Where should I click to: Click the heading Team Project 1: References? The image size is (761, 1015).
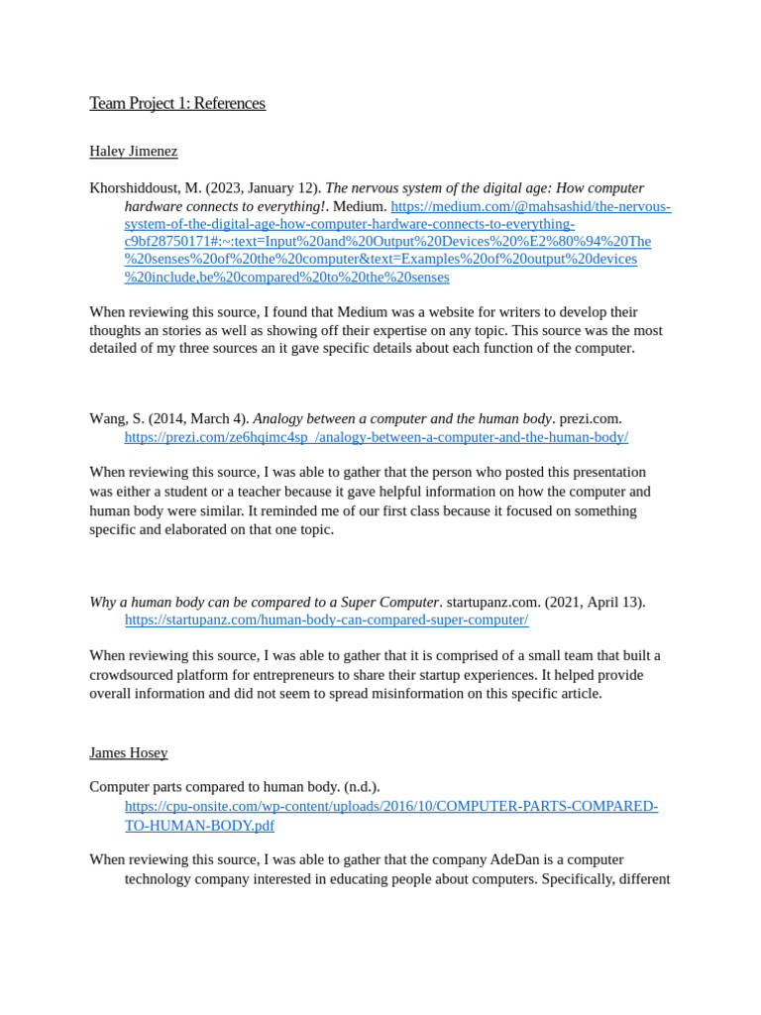[177, 103]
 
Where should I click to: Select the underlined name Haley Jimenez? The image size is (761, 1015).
[133, 152]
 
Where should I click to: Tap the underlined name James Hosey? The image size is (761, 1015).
[128, 753]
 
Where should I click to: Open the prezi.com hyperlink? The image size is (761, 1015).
[376, 437]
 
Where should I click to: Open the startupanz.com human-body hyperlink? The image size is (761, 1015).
[326, 620]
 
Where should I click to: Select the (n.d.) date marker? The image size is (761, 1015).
[362, 787]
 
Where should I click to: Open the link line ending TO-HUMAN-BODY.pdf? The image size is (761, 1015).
[199, 826]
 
